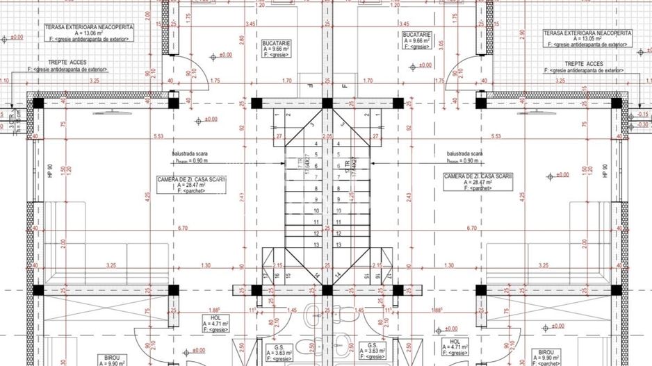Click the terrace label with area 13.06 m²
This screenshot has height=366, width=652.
[86, 33]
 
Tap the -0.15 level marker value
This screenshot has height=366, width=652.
[643, 114]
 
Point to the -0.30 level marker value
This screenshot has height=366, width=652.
[643, 125]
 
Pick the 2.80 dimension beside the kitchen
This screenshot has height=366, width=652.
[241, 40]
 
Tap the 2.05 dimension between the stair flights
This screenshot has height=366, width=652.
[327, 137]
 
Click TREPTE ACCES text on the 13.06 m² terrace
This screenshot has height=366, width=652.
[67, 63]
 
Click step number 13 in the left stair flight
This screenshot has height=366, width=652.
[316, 244]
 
